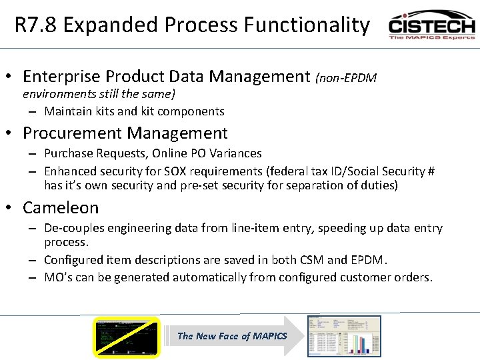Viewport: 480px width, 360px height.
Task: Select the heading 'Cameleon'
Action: click(61, 208)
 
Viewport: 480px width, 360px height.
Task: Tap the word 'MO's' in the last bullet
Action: click(58, 277)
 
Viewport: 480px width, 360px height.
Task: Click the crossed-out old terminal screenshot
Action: click(127, 337)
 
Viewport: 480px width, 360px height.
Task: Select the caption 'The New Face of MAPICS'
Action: click(231, 336)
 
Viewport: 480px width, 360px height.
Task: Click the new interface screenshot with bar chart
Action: click(343, 336)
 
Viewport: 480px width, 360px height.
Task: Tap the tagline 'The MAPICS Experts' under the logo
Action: click(432, 37)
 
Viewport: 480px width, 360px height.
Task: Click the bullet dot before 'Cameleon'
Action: click(14, 208)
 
